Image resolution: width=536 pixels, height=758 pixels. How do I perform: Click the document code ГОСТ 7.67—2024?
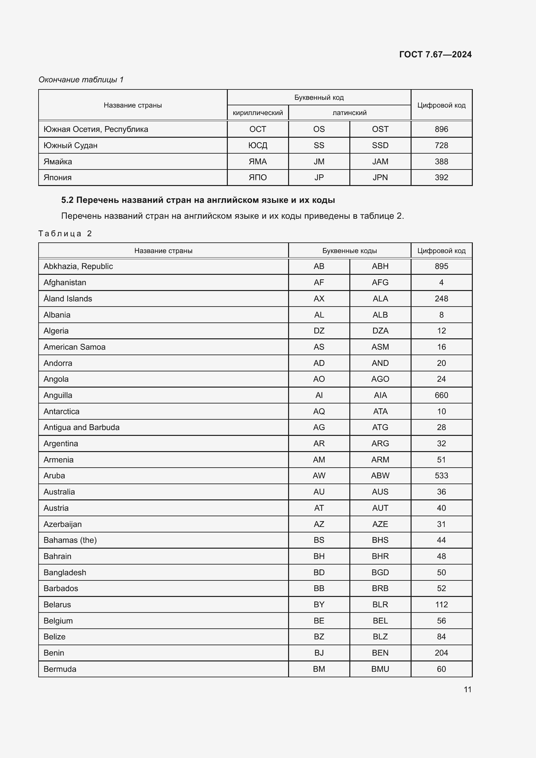point(435,54)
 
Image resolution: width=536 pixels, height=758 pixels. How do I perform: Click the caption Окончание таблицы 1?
point(81,80)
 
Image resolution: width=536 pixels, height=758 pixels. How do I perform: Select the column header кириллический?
point(257,112)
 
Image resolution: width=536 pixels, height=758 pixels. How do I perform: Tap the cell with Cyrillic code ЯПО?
point(257,177)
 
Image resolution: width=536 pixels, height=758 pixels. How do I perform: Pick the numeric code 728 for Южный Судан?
point(441,145)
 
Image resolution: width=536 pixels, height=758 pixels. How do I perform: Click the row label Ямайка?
point(58,161)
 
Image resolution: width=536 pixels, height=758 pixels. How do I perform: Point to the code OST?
point(380,129)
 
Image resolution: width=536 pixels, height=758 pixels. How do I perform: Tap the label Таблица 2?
point(65,233)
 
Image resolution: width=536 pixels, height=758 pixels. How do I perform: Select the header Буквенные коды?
point(349,251)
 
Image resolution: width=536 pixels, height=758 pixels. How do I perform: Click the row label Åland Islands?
point(68,298)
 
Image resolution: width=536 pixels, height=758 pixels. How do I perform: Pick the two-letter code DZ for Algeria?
point(319,331)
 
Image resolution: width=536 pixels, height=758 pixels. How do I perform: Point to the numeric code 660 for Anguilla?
point(441,395)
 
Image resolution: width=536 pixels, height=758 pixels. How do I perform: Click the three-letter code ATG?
point(380,427)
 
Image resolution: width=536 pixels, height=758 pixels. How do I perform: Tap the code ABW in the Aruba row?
point(380,475)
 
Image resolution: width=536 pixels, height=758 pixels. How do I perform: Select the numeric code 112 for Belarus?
point(441,604)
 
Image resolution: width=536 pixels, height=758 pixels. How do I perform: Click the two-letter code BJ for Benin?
point(319,653)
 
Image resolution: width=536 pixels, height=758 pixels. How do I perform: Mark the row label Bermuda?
point(60,669)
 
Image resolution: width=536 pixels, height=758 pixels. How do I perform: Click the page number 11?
point(467,689)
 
